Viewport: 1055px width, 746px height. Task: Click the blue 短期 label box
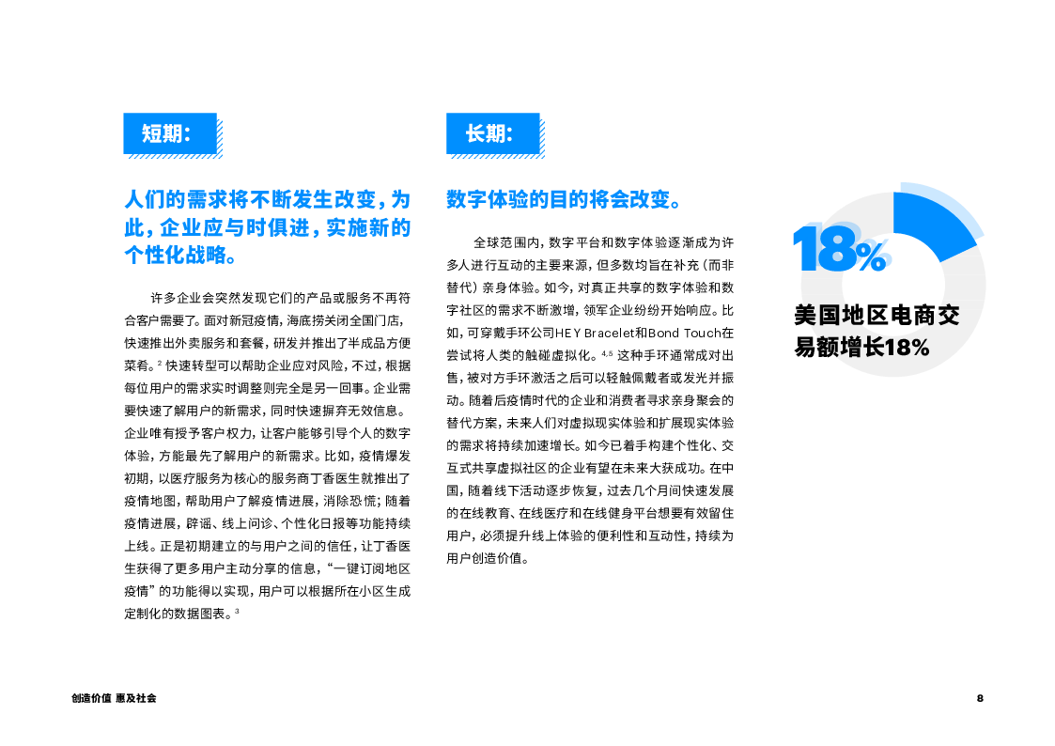(170, 133)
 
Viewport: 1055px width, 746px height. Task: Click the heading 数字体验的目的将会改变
(563, 200)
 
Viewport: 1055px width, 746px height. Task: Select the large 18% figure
(839, 250)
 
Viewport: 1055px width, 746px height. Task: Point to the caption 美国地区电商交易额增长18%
(876, 331)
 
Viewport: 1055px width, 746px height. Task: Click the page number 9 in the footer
(980, 698)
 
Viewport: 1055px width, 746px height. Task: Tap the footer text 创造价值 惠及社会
(114, 698)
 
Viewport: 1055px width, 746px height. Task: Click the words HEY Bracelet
(589, 334)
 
